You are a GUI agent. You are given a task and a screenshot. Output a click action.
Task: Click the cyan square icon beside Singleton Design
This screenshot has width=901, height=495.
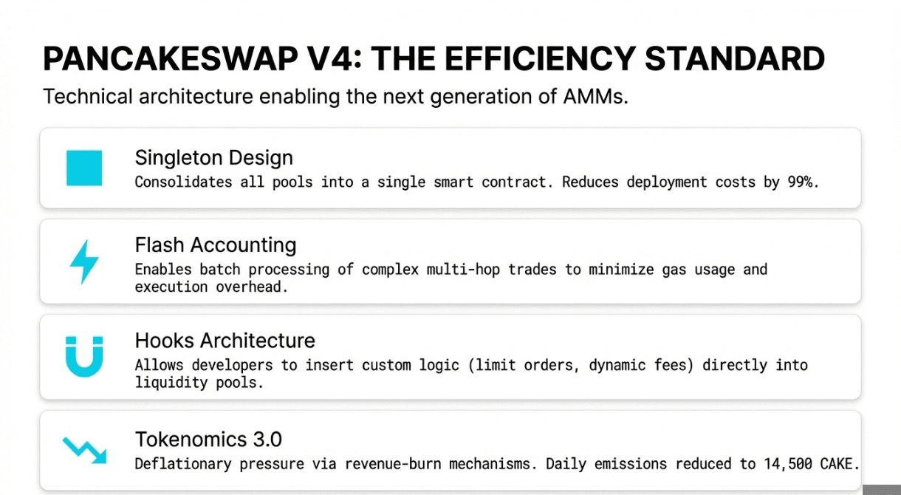click(x=84, y=168)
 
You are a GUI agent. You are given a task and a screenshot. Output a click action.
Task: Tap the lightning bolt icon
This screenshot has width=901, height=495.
click(x=84, y=262)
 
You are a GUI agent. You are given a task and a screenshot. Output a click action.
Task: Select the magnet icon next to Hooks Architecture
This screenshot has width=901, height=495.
click(x=84, y=357)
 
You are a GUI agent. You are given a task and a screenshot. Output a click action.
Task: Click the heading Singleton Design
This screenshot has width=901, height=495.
click(x=214, y=158)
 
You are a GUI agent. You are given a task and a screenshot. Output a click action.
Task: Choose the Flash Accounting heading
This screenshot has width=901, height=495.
click(x=216, y=245)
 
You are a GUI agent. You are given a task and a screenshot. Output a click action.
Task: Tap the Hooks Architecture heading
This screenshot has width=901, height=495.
click(x=225, y=341)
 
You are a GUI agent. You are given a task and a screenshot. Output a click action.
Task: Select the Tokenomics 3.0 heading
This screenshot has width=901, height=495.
click(x=208, y=439)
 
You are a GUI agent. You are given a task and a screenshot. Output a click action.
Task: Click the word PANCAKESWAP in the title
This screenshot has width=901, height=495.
click(x=171, y=59)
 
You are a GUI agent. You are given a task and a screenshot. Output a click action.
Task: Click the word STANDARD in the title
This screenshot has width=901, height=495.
click(x=735, y=59)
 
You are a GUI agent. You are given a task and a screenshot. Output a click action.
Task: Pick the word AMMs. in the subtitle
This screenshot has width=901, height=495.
click(x=595, y=97)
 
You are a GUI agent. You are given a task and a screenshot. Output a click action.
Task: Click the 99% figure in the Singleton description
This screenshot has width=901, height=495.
click(x=804, y=182)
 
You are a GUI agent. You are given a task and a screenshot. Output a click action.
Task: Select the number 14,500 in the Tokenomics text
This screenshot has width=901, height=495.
click(x=787, y=464)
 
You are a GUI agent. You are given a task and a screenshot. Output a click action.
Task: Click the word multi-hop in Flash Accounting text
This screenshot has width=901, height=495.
click(x=463, y=270)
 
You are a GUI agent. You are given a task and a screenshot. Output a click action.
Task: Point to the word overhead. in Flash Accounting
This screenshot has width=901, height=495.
click(x=252, y=287)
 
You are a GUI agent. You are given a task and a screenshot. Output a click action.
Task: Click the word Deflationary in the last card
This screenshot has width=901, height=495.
click(x=183, y=464)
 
